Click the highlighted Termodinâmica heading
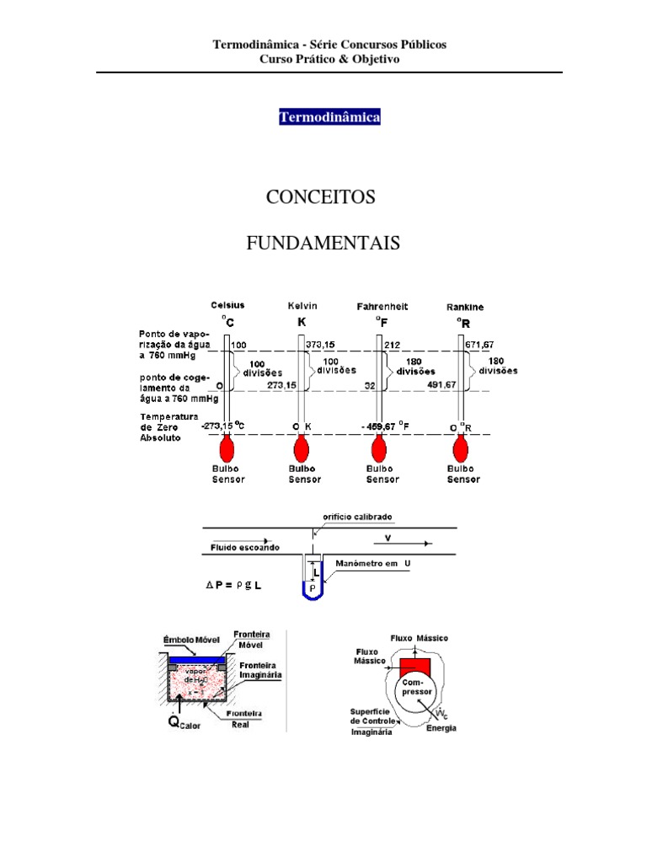pos(329,117)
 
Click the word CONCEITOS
pos(320,197)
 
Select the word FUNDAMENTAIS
pos(323,244)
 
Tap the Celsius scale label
pos(227,305)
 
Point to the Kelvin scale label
pos(302,306)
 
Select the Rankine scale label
pos(464,308)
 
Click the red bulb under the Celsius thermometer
pos(227,448)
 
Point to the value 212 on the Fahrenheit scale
pos(393,345)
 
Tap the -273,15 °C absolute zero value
pos(222,426)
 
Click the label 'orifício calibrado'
pos(358,517)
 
